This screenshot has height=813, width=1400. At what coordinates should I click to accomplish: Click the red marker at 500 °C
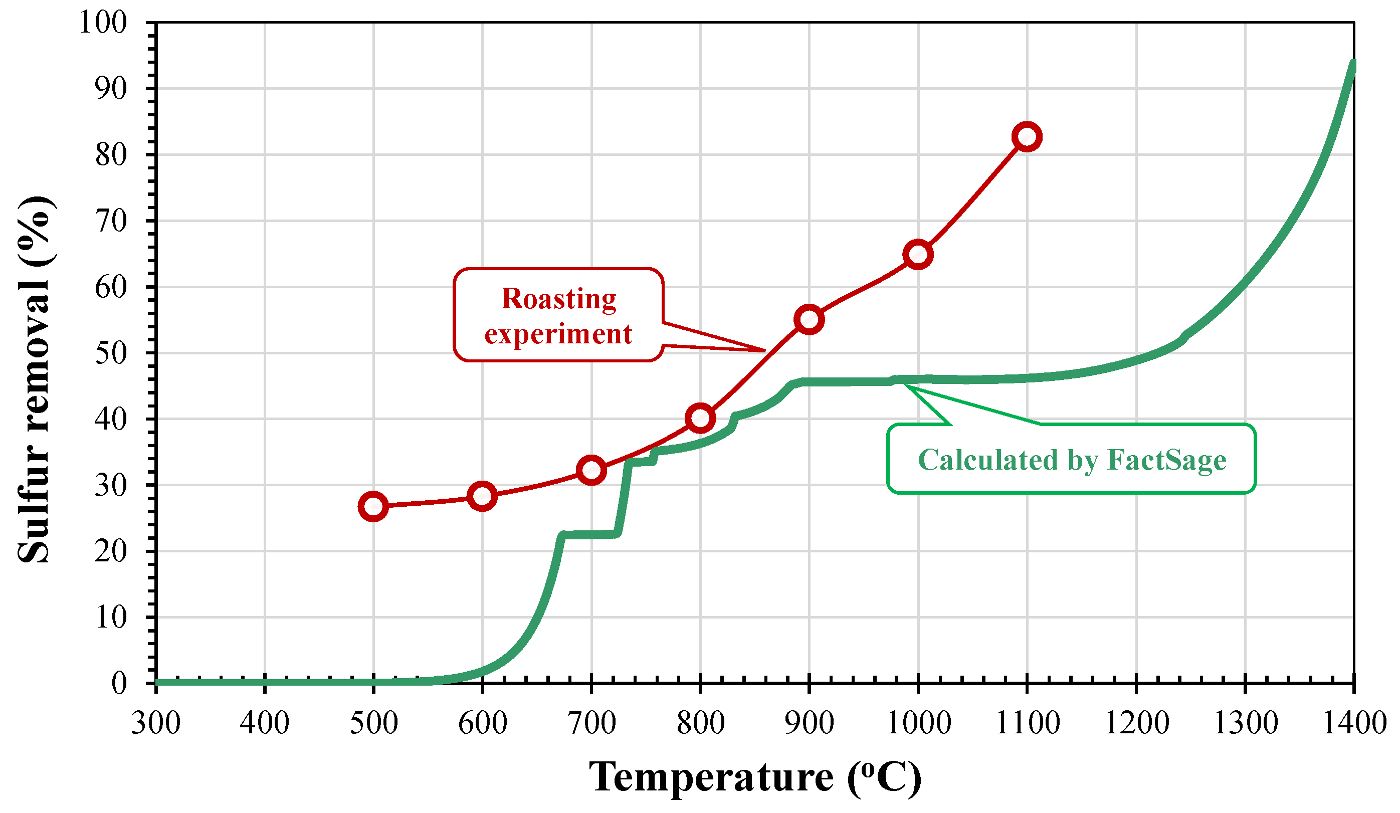point(373,506)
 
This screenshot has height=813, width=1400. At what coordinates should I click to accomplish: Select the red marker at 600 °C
point(482,496)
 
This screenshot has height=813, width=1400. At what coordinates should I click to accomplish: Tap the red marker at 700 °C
point(591,471)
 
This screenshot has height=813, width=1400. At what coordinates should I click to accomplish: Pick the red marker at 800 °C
point(700,418)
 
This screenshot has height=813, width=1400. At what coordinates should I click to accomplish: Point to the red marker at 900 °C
point(809,319)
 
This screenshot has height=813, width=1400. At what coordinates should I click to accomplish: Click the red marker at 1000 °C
point(918,255)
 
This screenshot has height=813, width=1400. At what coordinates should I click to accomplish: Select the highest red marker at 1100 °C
point(1027,137)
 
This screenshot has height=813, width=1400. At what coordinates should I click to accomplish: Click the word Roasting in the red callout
point(559,299)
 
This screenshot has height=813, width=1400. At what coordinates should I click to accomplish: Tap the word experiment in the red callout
point(558,334)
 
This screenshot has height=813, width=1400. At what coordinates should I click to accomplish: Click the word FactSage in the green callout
point(1167,460)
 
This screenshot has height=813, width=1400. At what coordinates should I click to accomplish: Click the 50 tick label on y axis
point(111,353)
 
